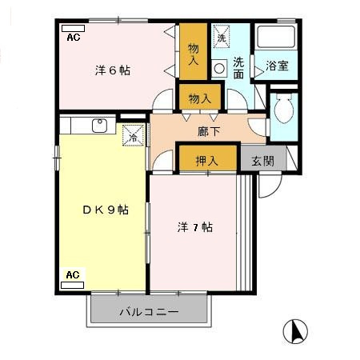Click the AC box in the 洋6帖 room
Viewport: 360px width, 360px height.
[73, 38]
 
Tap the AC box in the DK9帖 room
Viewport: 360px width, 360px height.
[73, 275]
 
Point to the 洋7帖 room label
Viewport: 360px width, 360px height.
[194, 227]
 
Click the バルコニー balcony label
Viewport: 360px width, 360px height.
[149, 311]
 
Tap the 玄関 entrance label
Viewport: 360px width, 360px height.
[263, 160]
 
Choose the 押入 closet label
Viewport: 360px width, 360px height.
[207, 161]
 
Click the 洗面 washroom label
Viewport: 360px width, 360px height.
[239, 68]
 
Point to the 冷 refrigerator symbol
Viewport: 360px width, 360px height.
[133, 137]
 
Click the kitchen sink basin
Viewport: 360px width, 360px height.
[99, 125]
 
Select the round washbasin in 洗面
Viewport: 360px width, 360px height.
[220, 69]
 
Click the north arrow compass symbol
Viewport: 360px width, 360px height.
[295, 330]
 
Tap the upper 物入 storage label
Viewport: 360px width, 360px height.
[193, 54]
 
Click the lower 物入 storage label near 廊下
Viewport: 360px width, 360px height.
[200, 98]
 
